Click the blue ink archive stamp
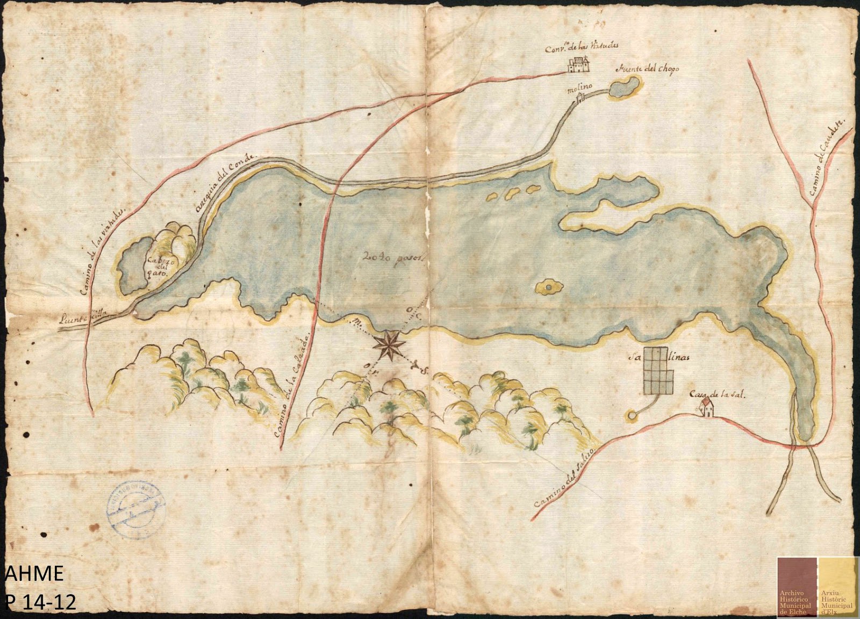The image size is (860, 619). click(x=137, y=506)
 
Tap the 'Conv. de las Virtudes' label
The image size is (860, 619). click(x=578, y=48)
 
